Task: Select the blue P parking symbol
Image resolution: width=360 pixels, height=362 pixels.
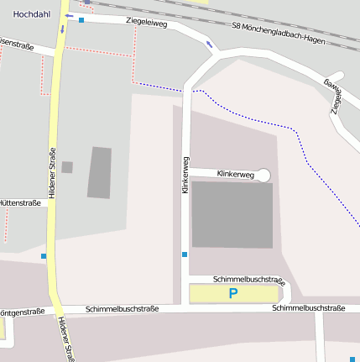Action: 233,293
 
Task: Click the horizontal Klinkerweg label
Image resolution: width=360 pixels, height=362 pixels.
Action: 235,174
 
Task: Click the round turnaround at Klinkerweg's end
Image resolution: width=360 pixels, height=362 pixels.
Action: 263,175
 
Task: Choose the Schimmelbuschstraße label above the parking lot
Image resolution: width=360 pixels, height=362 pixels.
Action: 249,279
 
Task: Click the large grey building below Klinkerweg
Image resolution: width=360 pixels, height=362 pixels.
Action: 232,214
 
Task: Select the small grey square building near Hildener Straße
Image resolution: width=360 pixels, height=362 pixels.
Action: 67,167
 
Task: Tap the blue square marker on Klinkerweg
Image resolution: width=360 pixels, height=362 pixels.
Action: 185,254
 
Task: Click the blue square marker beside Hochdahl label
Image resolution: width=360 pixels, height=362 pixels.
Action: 81,20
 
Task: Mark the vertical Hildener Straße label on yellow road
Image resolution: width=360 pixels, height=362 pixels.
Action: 51,172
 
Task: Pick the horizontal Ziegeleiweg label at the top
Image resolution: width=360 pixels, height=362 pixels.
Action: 146,24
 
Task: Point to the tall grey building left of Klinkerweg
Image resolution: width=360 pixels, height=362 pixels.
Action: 100,172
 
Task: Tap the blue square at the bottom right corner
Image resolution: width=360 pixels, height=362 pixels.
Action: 352,359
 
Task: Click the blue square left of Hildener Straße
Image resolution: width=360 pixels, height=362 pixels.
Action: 44,255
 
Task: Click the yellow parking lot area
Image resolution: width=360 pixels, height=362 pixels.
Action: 210,293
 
